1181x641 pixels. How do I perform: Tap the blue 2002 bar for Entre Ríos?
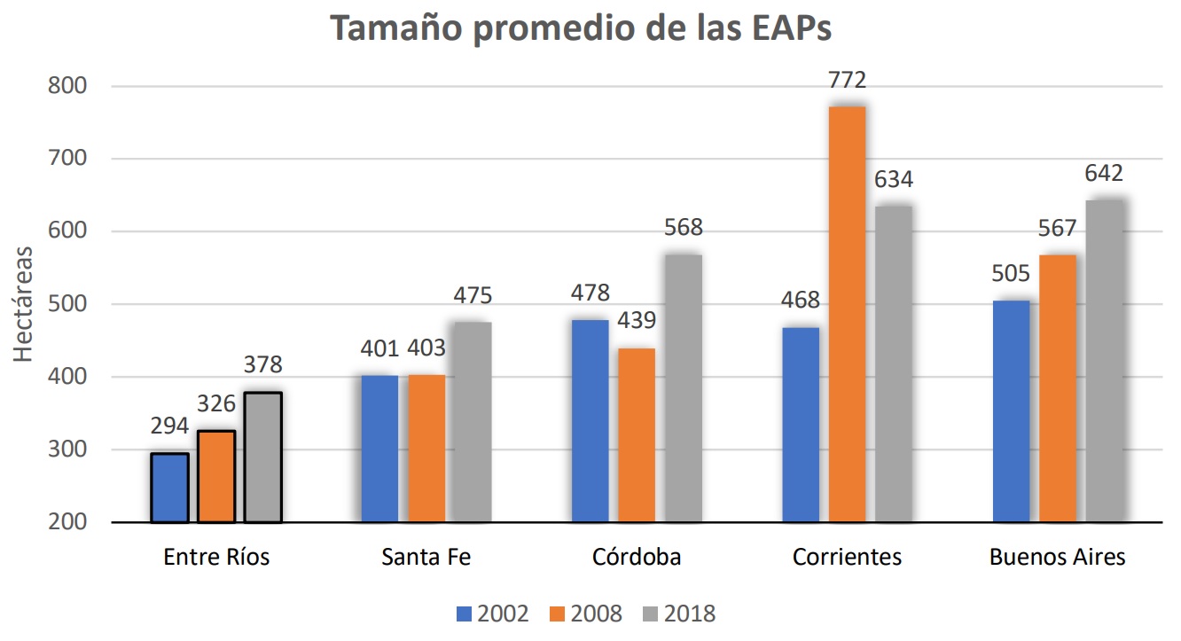tap(169, 488)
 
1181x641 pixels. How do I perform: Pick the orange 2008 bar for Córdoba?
tap(637, 434)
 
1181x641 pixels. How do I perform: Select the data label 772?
tap(848, 82)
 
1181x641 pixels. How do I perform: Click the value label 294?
tap(168, 427)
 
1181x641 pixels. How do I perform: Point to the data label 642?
tap(1104, 174)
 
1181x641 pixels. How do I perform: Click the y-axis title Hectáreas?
tap(25, 304)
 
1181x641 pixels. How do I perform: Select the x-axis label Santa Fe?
tap(426, 558)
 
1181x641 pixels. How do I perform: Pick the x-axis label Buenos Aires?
tap(1057, 558)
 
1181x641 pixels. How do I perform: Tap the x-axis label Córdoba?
tap(637, 558)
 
